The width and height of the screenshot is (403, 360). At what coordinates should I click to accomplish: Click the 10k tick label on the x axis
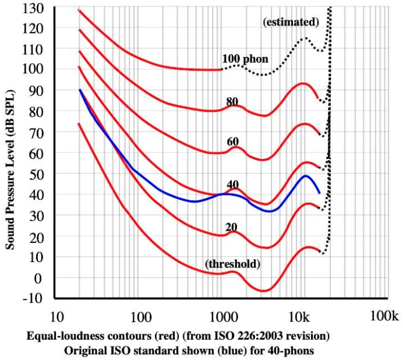click(300, 317)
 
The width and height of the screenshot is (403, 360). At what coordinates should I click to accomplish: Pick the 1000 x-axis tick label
click(221, 317)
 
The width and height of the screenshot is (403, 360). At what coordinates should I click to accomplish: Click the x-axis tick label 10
click(56, 317)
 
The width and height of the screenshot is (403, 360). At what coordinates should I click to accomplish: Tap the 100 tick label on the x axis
click(140, 317)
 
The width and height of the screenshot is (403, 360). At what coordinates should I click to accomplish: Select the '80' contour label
click(233, 101)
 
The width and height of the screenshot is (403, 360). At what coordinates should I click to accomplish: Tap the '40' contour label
click(234, 185)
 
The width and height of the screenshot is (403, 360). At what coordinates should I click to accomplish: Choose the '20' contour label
click(231, 227)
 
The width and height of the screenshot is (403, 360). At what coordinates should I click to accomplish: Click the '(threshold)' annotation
click(232, 264)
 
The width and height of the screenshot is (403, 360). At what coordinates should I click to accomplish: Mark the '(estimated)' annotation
click(291, 23)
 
